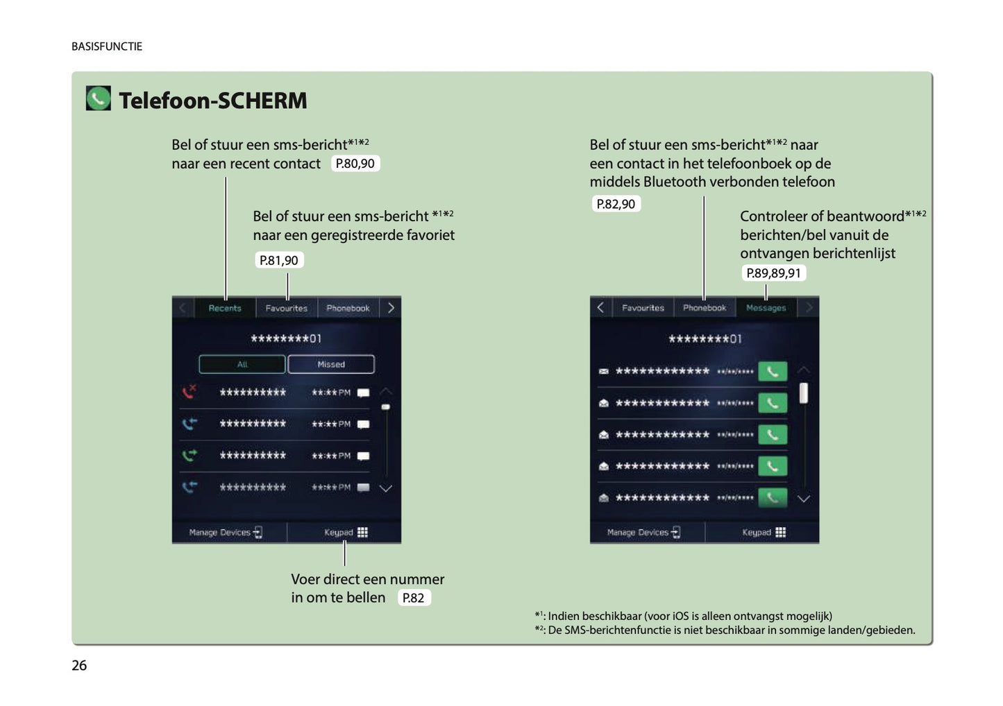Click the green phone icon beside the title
pos(98,98)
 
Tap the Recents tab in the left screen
pos(225,308)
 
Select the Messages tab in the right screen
pos(766,308)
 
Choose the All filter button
pos(242,364)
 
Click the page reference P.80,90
pos(355,164)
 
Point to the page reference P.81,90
pos(278,260)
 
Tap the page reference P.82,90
pos(616,204)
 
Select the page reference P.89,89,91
pos(773,273)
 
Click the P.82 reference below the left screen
pos(413,598)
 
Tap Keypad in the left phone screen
pos(345,533)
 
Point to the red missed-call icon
pos(189,392)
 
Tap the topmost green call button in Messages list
pos(772,372)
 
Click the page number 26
pos(79,665)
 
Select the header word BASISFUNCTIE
pos(107,46)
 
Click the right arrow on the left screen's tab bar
pos(391,308)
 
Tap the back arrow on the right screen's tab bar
pos(600,307)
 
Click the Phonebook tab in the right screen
pos(704,308)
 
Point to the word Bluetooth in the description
pos(674,182)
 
